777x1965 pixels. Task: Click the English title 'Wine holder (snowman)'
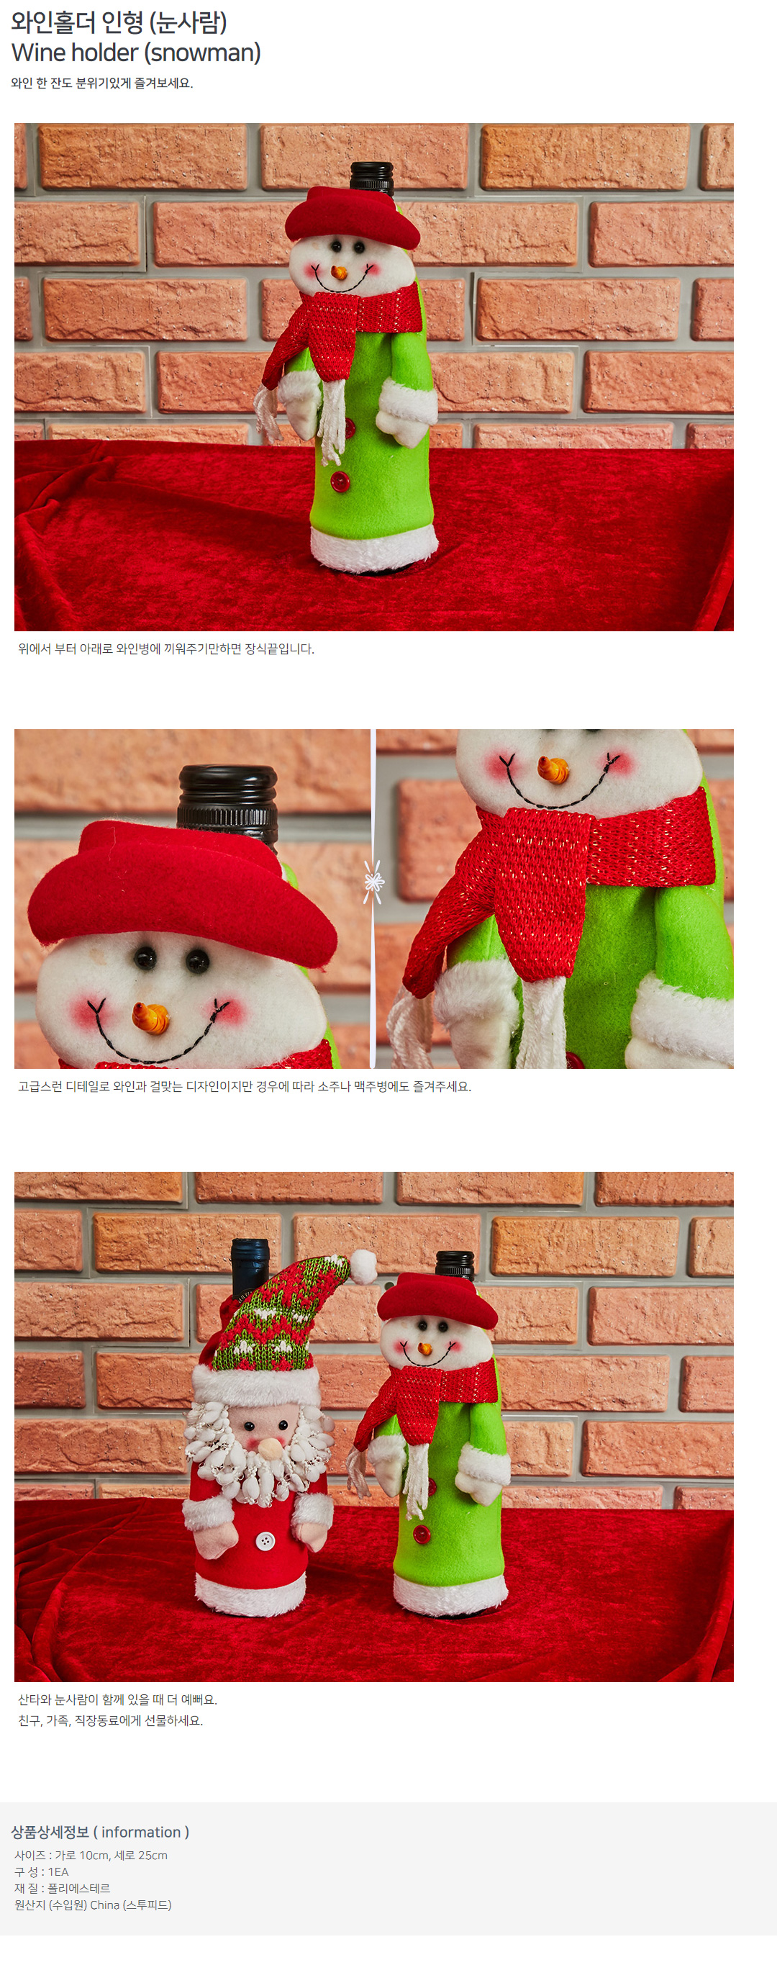tap(137, 53)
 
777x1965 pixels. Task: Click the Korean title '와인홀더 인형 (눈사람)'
tap(119, 22)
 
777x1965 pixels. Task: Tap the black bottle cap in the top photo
tap(371, 177)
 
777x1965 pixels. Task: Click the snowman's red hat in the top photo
tap(352, 216)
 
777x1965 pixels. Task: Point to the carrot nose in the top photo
tap(340, 272)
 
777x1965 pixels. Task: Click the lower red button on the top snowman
tap(340, 482)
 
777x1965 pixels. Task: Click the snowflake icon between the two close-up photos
tap(373, 882)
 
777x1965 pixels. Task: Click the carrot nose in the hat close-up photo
tap(151, 1018)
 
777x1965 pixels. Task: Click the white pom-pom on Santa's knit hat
tap(365, 1265)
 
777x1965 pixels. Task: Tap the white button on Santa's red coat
tap(265, 1541)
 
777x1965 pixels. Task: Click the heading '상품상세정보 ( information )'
tap(100, 1833)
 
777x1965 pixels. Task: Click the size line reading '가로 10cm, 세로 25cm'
tap(112, 1855)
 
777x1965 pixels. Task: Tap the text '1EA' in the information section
tap(58, 1872)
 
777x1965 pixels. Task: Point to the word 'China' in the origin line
tap(105, 1905)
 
